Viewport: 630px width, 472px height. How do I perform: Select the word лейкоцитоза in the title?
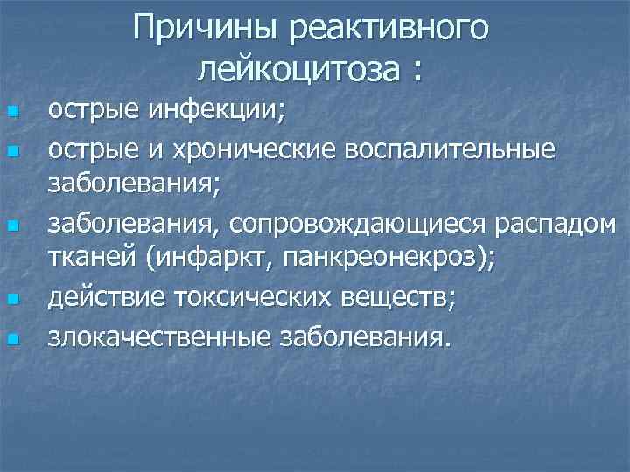(x=298, y=68)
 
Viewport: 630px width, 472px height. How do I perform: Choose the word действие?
(x=97, y=299)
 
